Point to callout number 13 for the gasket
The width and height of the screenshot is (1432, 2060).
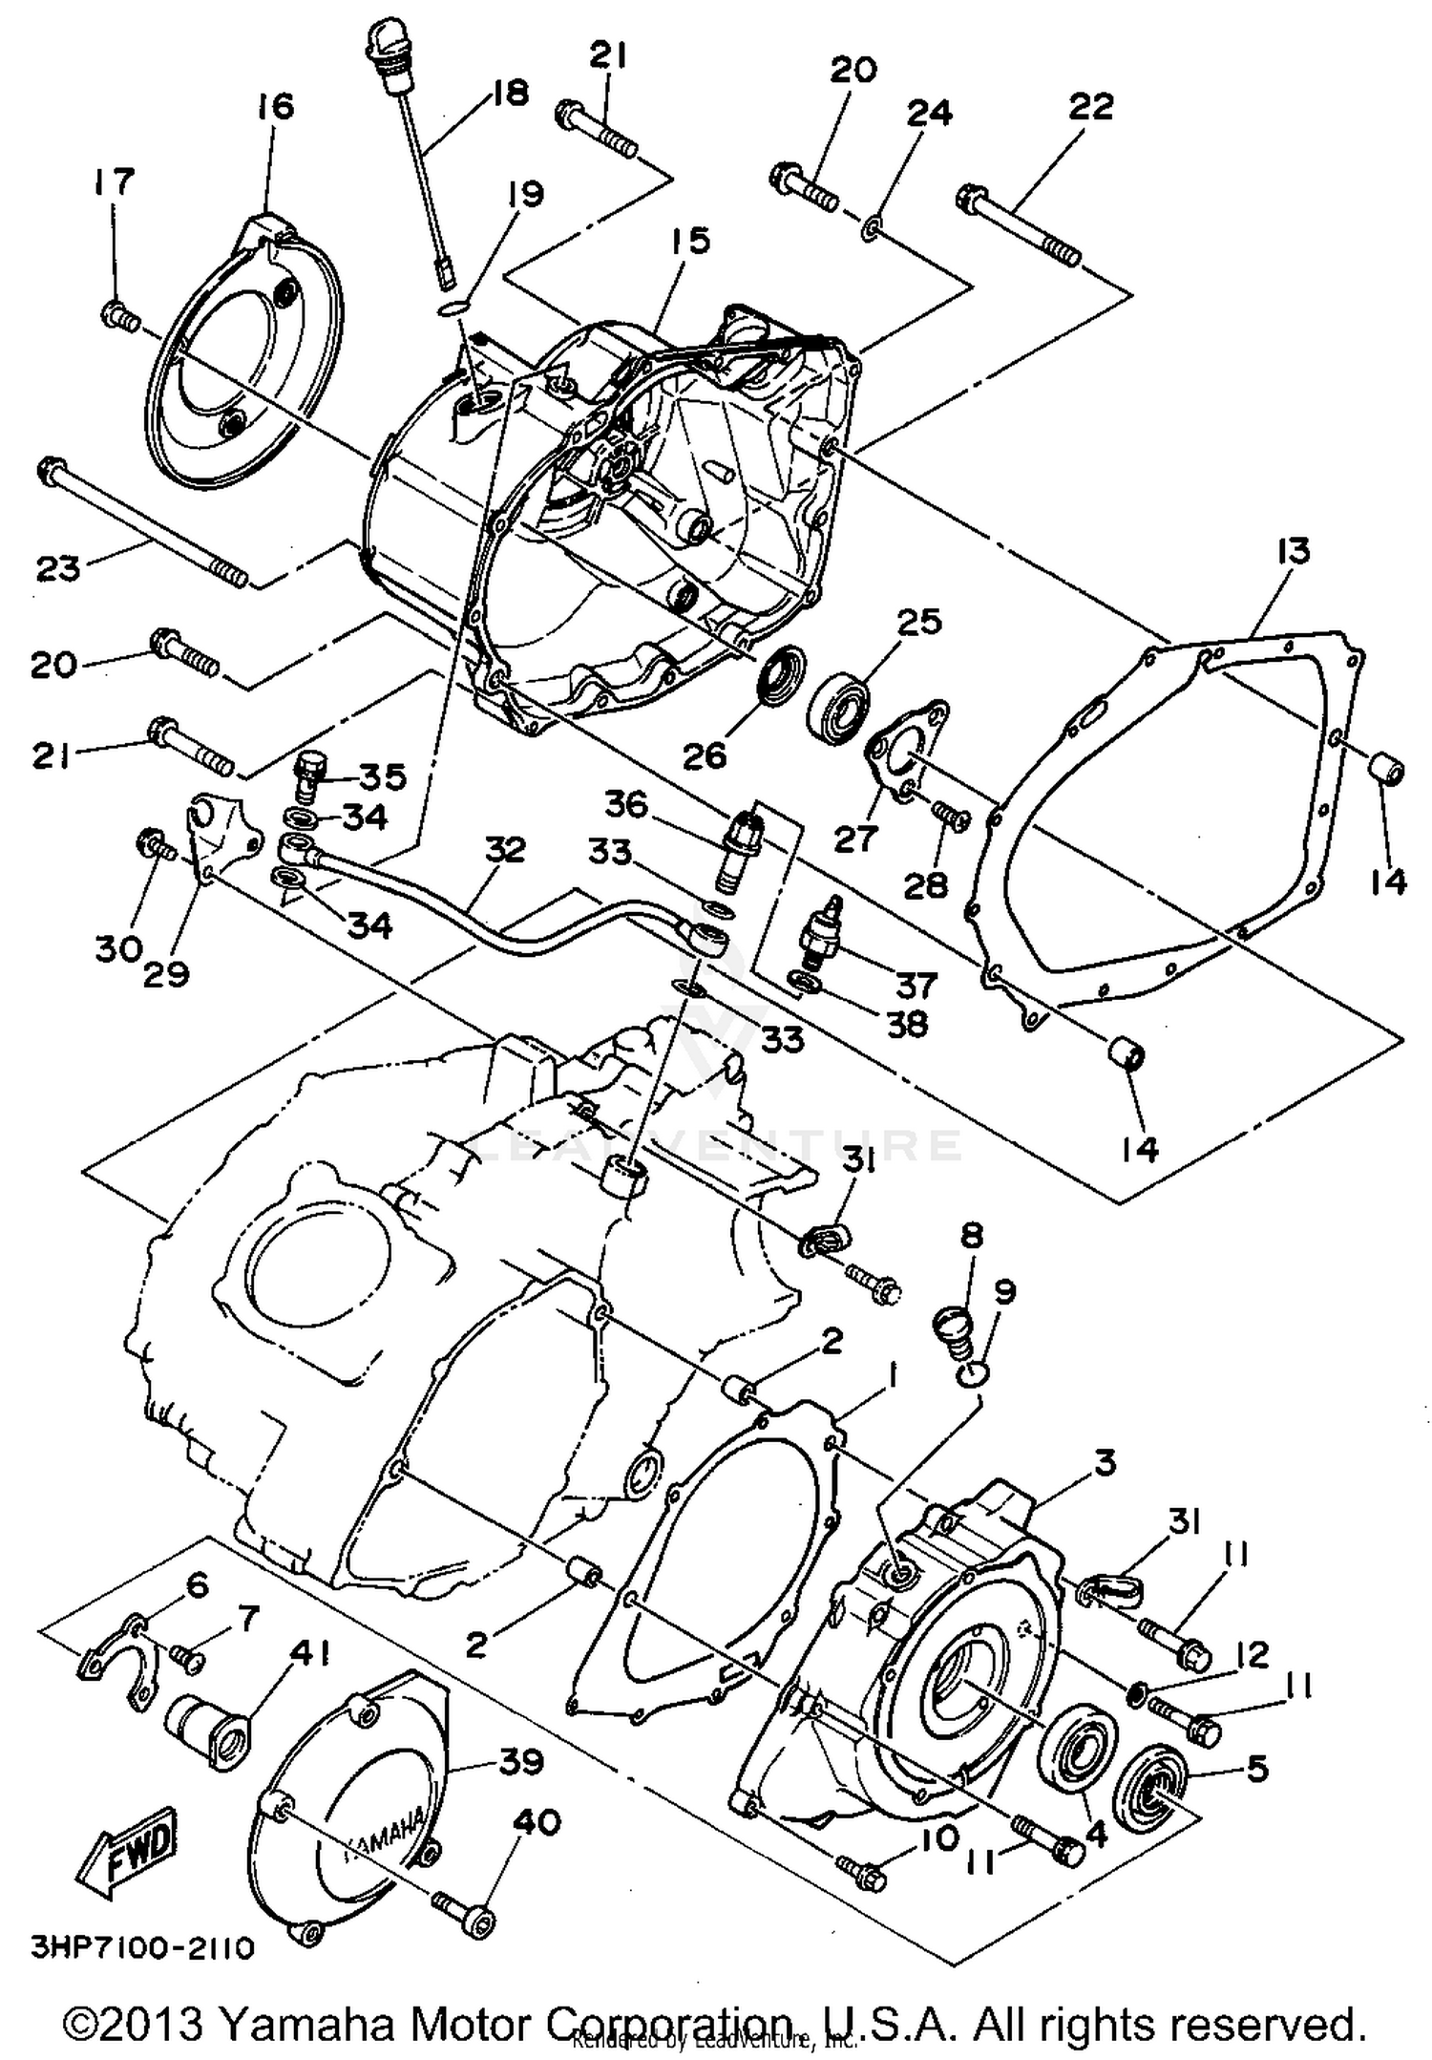pyautogui.click(x=1295, y=552)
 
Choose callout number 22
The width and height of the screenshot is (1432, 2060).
pyautogui.click(x=1091, y=107)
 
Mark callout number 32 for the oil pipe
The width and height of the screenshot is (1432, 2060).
pyautogui.click(x=504, y=850)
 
